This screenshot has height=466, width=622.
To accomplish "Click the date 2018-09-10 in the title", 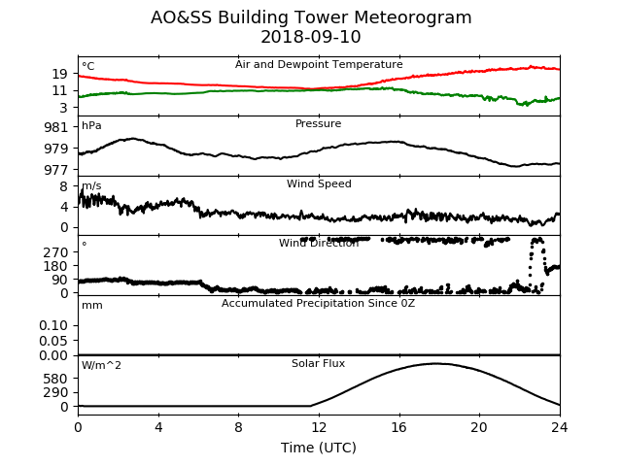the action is [x=311, y=37].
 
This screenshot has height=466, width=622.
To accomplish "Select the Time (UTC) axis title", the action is [x=319, y=448].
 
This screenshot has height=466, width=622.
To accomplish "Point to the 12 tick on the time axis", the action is [x=319, y=427].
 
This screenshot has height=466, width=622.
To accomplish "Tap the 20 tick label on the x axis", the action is [x=479, y=427].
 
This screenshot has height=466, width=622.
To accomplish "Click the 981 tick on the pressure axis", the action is [x=56, y=127].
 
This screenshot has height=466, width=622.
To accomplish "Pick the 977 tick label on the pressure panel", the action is [x=56, y=170].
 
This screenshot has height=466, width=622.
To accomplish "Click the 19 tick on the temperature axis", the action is [x=60, y=74].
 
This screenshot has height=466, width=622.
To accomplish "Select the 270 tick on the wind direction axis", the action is [x=56, y=252].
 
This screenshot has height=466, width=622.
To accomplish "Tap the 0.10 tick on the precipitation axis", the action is [x=53, y=326].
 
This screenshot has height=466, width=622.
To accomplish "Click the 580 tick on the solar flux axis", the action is [x=56, y=379].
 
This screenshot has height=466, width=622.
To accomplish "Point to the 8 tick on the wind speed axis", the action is [x=64, y=186].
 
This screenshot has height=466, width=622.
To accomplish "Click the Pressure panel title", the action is [x=319, y=123].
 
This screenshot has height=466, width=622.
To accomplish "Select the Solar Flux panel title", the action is [x=319, y=363].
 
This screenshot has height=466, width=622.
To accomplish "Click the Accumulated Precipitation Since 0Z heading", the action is [x=319, y=304].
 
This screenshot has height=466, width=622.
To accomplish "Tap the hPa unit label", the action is [x=91, y=126].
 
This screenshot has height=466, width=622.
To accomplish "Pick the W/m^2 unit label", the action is [x=101, y=365].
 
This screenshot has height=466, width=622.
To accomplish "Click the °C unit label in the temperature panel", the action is [x=88, y=66].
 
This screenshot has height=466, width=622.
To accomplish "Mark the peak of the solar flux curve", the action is [x=435, y=363].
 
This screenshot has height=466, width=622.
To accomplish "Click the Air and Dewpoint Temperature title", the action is [x=319, y=65].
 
